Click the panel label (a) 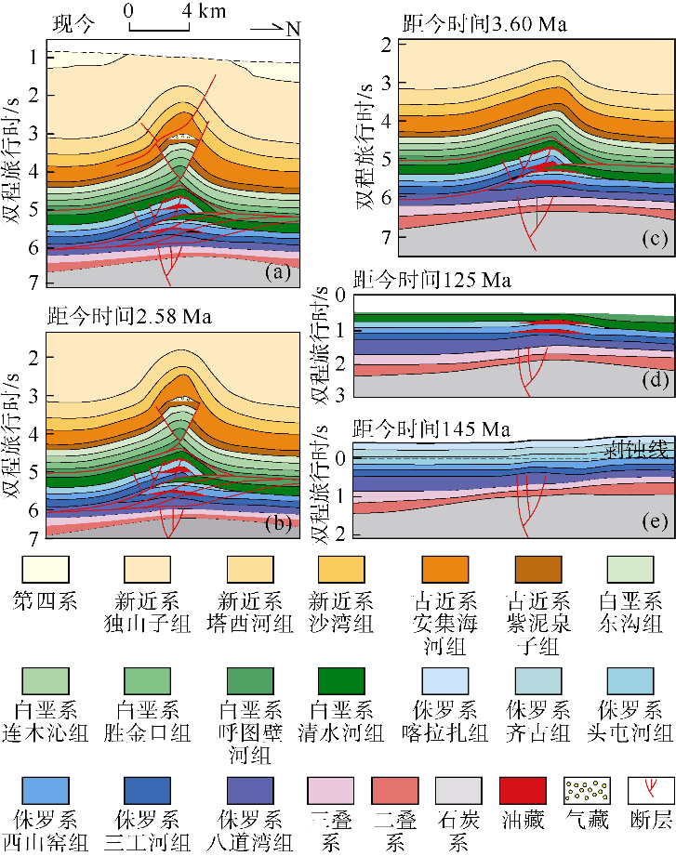[278, 272]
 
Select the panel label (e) [654, 523]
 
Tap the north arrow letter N [293, 29]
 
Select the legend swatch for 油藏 [522, 789]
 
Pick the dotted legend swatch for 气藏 [587, 789]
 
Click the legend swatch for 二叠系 [395, 789]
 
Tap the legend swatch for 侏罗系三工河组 [145, 789]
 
